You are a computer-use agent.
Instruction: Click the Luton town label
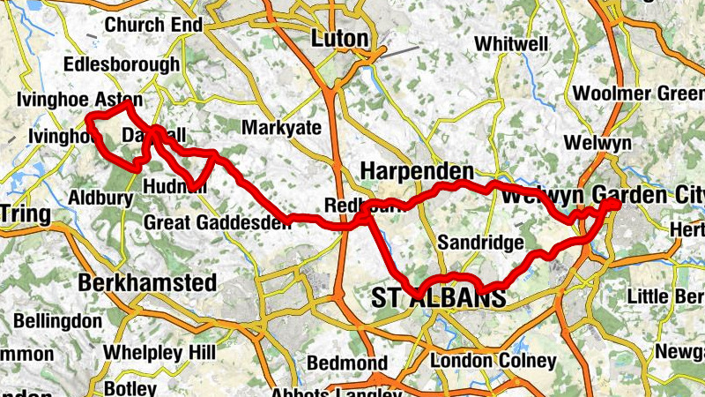(339, 38)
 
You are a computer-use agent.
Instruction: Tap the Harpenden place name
(418, 171)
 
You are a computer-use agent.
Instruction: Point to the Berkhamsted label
(147, 283)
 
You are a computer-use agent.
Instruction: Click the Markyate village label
(281, 128)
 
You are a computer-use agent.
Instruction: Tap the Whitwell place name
(510, 43)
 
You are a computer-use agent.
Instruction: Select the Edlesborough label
(122, 64)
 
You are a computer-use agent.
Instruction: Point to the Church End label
(153, 26)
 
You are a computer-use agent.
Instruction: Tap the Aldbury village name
(100, 198)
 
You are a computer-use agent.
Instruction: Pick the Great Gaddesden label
(217, 221)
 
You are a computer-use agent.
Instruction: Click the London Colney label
(493, 361)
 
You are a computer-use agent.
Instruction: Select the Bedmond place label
(346, 363)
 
